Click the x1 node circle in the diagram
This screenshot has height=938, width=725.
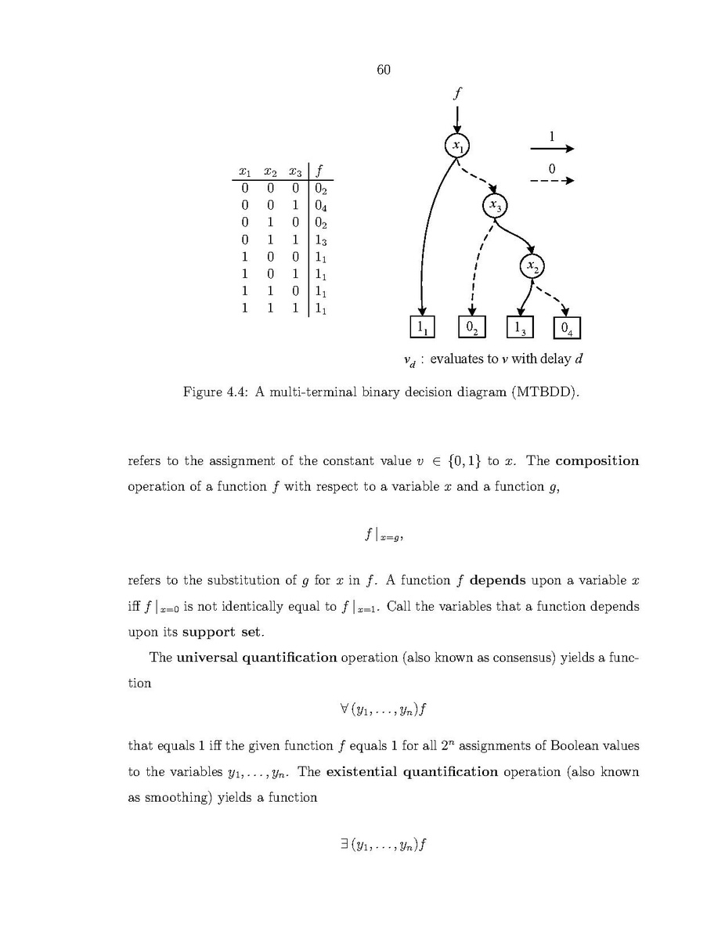coord(456,146)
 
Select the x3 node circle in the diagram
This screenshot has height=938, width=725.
coord(495,206)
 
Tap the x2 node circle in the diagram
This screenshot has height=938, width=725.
coord(532,267)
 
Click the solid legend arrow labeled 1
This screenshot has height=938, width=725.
coord(552,149)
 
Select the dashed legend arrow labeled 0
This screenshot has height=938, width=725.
coord(552,181)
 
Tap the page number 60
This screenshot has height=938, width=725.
coord(383,70)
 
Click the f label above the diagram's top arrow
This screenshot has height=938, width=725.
coord(457,93)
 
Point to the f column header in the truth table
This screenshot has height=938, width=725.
coord(320,171)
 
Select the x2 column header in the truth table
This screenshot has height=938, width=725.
coord(270,171)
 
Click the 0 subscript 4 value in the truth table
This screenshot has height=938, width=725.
coord(321,206)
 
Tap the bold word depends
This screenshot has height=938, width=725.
coord(497,581)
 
